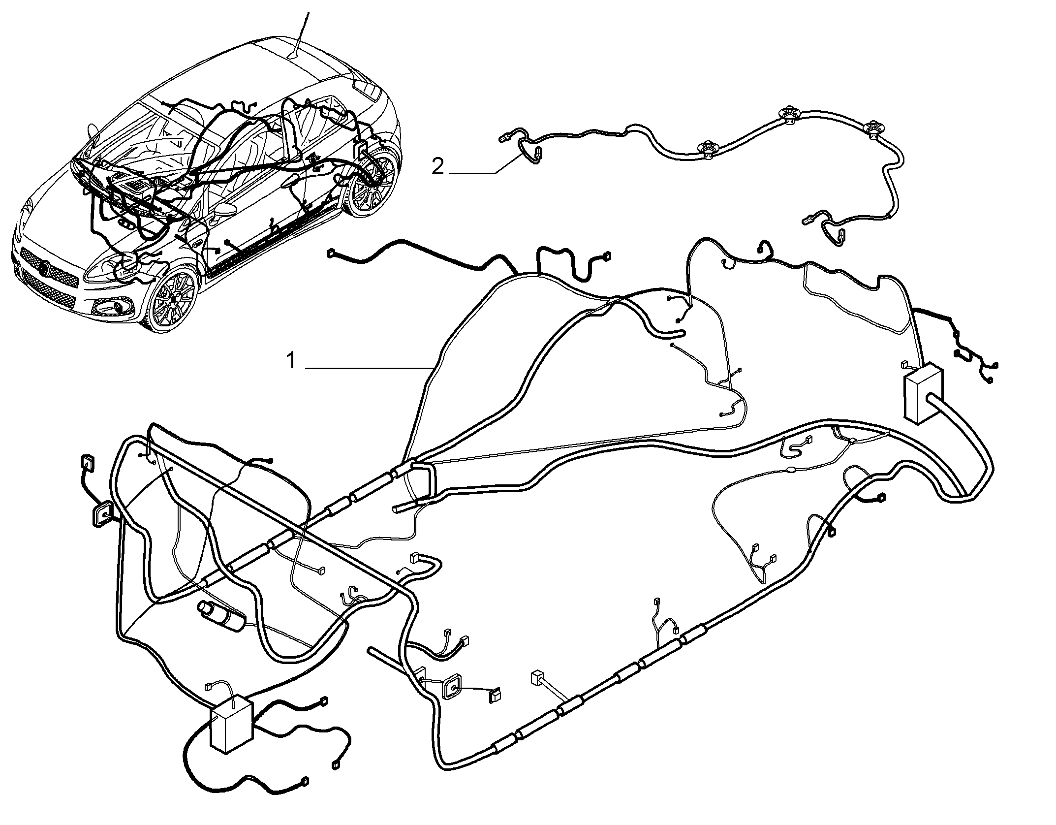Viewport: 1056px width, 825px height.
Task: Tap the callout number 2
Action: coord(437,167)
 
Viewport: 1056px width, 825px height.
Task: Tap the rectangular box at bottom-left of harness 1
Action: coord(231,728)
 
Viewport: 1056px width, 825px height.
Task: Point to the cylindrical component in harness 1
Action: coord(222,615)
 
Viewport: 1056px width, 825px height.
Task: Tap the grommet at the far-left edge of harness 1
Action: coord(101,514)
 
